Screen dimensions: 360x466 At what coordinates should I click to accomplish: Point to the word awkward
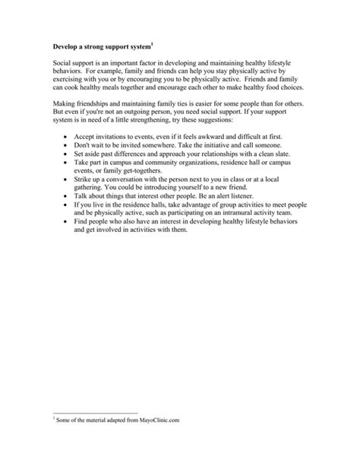(x=201, y=135)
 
